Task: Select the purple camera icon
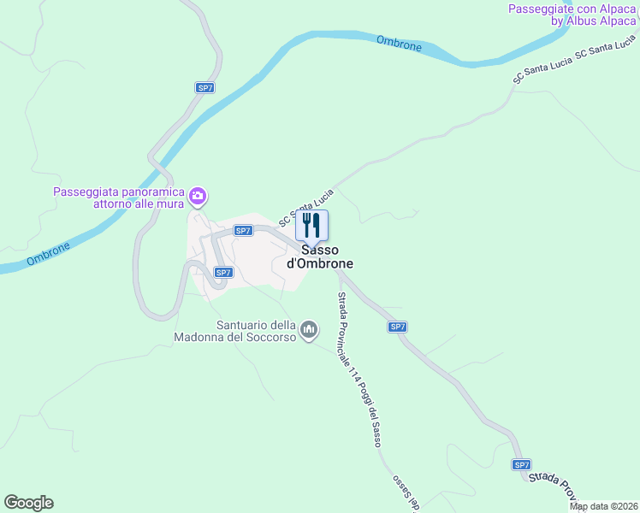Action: [x=199, y=198]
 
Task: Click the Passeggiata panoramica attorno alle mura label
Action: [x=120, y=198]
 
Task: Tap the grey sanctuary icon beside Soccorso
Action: [x=310, y=329]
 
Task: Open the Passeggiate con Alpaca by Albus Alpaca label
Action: [x=572, y=15]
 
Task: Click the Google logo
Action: [x=28, y=503]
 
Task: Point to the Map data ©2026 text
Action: [x=604, y=506]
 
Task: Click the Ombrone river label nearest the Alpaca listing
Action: [x=400, y=43]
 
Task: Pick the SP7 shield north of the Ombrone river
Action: [x=204, y=87]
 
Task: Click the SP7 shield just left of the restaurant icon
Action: [x=243, y=231]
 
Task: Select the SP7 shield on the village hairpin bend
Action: [x=222, y=273]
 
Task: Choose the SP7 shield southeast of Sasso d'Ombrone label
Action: [x=397, y=327]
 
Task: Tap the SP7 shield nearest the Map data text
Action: [x=522, y=464]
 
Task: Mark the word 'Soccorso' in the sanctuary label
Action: [x=263, y=337]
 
